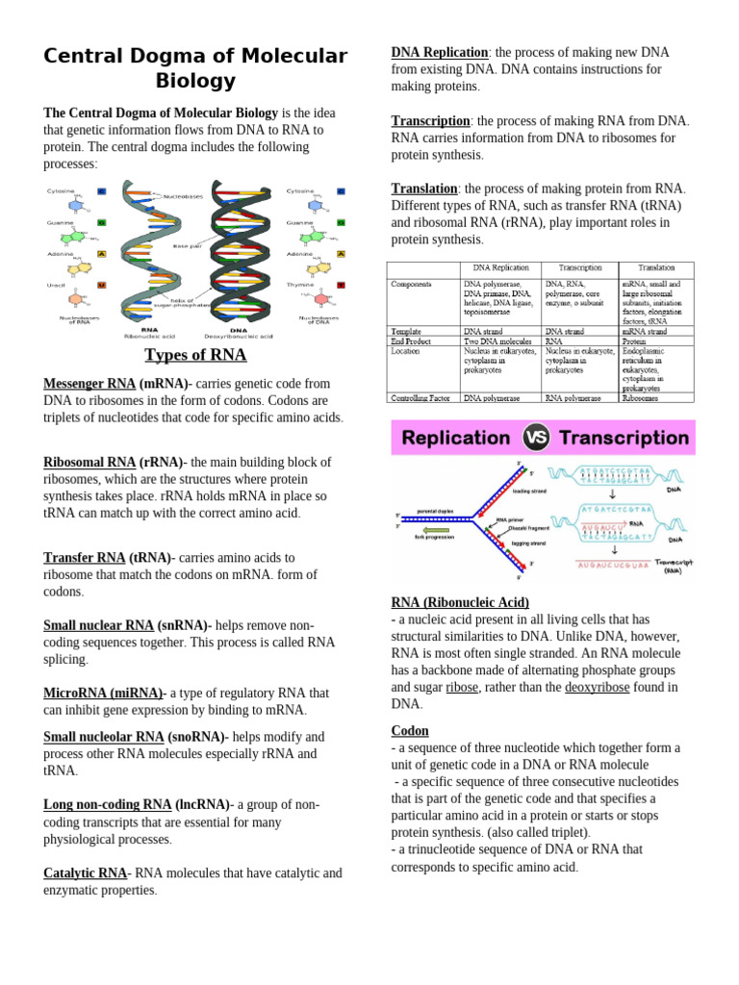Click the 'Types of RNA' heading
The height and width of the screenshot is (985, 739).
(195, 355)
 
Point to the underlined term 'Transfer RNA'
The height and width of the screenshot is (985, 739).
(85, 558)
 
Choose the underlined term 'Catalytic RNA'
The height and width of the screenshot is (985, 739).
(86, 873)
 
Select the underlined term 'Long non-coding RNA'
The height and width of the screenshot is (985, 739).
(108, 805)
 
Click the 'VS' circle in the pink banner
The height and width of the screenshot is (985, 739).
(536, 438)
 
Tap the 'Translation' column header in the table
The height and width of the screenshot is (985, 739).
(655, 268)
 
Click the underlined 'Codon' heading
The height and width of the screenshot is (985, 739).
(410, 731)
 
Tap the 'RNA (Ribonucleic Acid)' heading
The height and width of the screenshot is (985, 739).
(460, 603)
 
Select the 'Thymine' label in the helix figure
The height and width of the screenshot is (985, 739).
(300, 286)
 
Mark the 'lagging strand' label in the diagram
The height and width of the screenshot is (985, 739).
(528, 543)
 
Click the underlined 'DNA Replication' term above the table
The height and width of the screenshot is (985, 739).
(440, 53)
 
